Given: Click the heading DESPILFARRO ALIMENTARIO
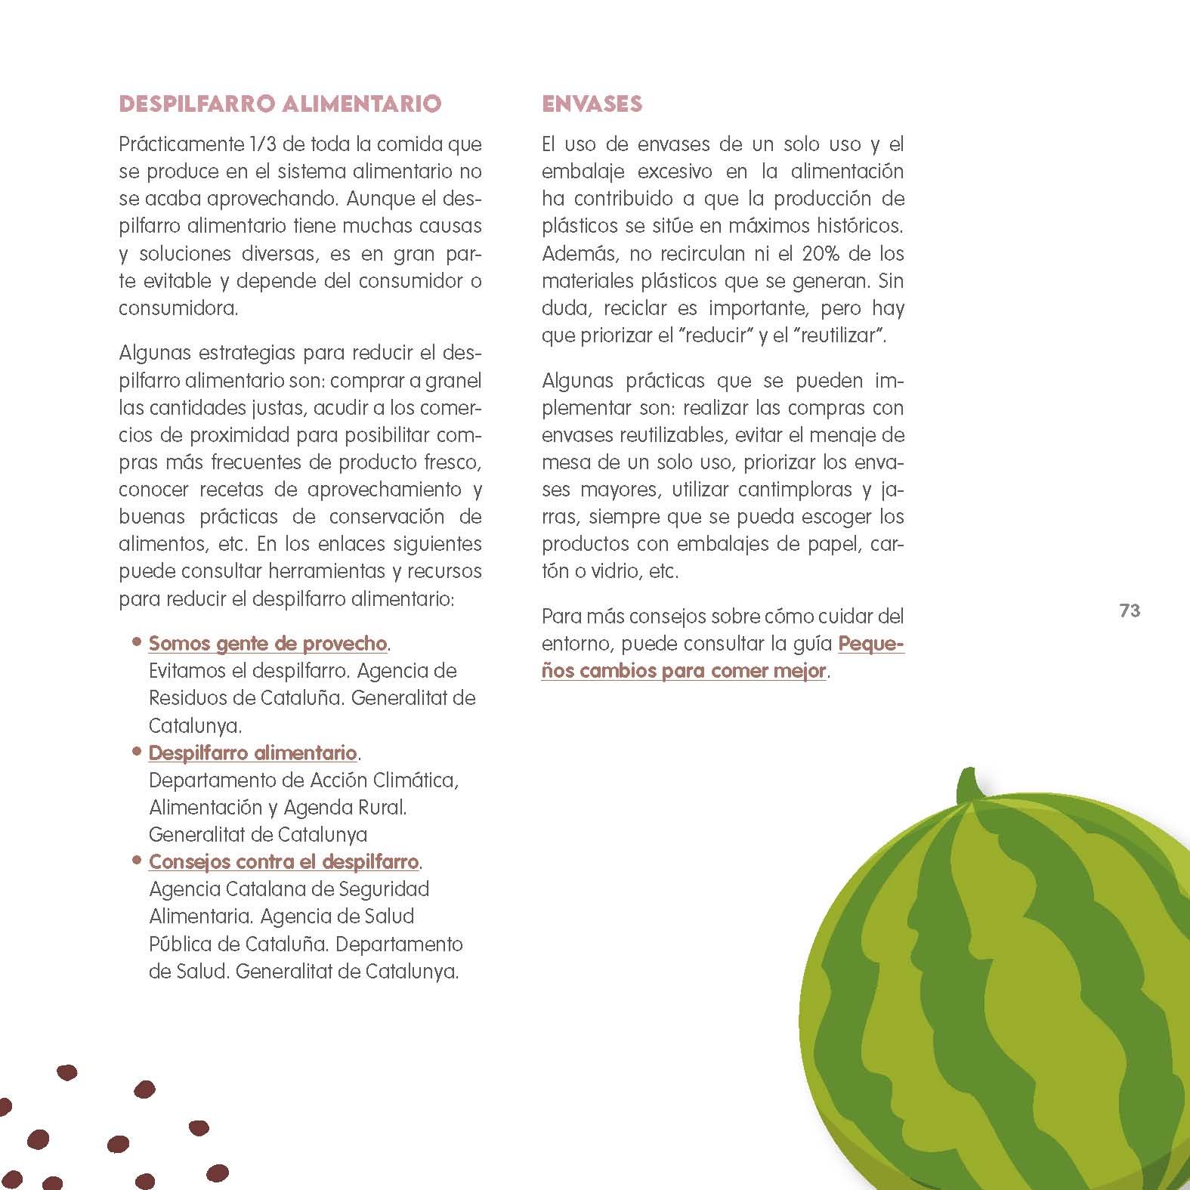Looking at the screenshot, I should (280, 104).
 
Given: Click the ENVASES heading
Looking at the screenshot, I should (592, 104).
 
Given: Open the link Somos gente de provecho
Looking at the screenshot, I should (267, 644).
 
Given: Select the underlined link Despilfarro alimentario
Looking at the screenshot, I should (252, 753).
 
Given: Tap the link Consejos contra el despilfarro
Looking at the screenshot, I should (283, 862).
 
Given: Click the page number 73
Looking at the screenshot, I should (1130, 610).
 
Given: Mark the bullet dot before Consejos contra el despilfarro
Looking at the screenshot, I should (137, 860).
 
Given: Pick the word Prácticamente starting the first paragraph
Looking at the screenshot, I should (172, 144).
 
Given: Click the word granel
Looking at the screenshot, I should (453, 381).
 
